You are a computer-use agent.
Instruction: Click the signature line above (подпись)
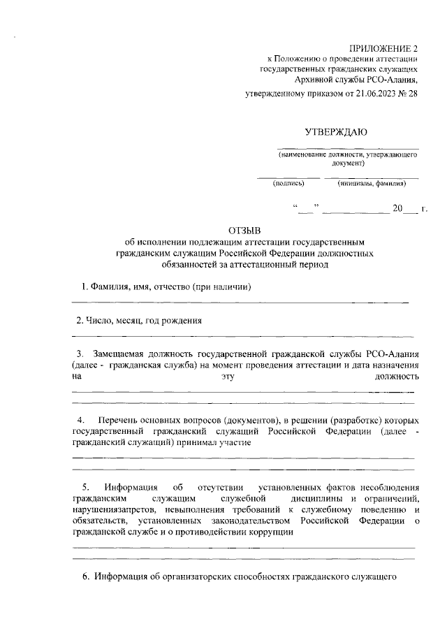click(x=288, y=177)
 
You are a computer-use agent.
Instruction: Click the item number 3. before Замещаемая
click(x=80, y=354)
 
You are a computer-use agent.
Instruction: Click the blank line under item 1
click(x=241, y=303)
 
